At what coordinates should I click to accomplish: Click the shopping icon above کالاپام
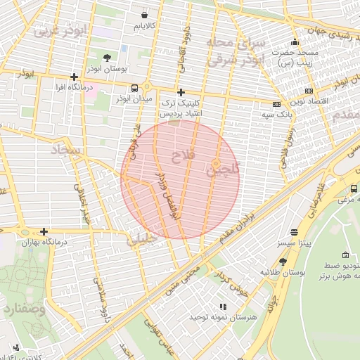(145, 14)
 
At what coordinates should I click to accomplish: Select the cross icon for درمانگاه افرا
(74, 77)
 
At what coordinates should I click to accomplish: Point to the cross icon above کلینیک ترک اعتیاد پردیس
(181, 92)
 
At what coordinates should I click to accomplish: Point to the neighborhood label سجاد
(64, 150)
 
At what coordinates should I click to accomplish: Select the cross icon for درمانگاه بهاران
(44, 231)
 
